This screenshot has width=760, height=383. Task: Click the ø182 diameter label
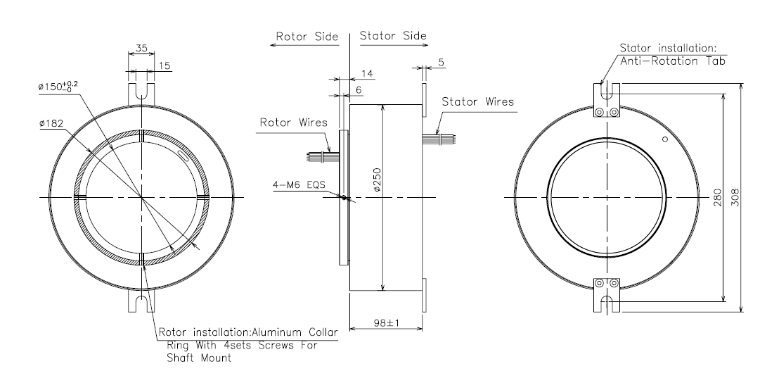click(x=52, y=124)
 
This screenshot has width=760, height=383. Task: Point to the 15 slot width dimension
click(x=165, y=65)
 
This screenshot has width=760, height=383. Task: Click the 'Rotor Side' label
click(x=307, y=37)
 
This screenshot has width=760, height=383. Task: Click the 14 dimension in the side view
click(x=367, y=73)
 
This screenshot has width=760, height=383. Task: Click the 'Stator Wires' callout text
click(x=478, y=102)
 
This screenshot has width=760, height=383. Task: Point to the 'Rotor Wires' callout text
click(x=294, y=123)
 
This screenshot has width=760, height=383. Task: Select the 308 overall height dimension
click(x=735, y=198)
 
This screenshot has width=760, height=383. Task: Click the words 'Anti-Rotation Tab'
click(x=673, y=61)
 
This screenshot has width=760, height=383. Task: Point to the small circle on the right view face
click(x=665, y=139)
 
